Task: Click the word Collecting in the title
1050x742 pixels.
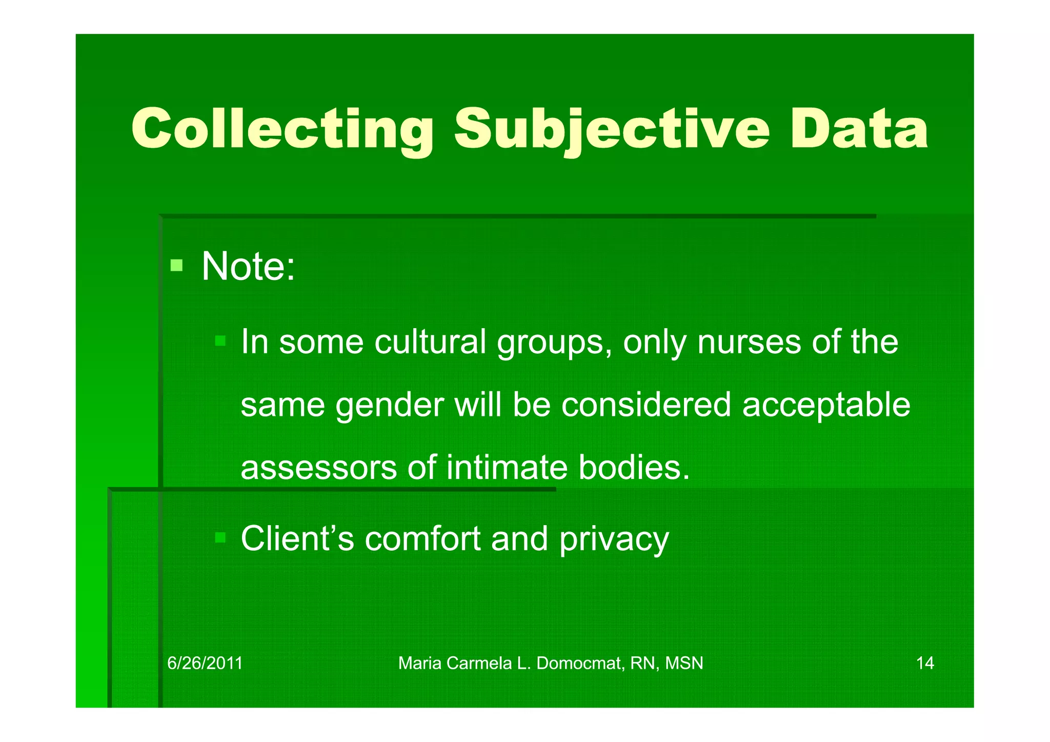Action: click(282, 129)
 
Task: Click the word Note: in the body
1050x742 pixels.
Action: click(248, 266)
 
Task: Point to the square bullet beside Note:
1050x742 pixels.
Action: click(176, 265)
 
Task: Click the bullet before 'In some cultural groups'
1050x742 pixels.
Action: click(220, 340)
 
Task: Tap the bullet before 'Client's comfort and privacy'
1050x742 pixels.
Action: click(220, 537)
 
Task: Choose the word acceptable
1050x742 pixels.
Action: click(826, 405)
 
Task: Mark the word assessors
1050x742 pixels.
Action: click(318, 468)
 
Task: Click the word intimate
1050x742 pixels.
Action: click(507, 468)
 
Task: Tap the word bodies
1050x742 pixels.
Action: click(634, 468)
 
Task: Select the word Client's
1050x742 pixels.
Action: click(297, 538)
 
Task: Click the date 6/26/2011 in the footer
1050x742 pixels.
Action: click(205, 663)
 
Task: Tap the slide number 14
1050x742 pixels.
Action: click(925, 663)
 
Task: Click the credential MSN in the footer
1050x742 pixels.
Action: click(684, 663)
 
